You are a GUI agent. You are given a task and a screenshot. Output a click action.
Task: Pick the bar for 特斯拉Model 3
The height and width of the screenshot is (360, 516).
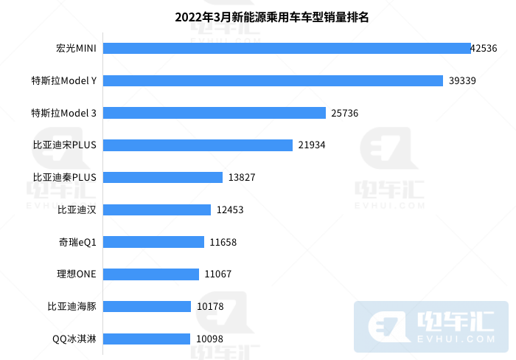(x=215, y=113)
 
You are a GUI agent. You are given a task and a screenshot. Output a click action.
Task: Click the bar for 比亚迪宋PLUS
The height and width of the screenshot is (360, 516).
(x=198, y=145)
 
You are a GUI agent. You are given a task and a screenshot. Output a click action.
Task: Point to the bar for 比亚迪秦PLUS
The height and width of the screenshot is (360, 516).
(x=163, y=177)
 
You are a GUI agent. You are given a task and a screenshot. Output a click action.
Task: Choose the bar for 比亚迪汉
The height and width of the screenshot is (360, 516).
(x=157, y=210)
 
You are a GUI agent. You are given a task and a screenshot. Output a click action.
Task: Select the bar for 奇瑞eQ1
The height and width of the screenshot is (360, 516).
(x=154, y=242)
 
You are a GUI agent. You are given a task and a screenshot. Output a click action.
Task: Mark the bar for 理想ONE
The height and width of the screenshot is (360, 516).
(x=151, y=274)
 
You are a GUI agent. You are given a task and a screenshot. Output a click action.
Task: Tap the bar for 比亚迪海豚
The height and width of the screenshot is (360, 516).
(x=147, y=307)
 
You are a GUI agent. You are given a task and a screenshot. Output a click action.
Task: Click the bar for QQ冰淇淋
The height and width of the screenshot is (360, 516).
(x=147, y=339)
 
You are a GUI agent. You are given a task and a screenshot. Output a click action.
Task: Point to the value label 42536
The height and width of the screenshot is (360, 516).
(x=484, y=48)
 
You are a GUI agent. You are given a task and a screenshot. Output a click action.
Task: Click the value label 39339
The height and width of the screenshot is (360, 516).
(x=462, y=80)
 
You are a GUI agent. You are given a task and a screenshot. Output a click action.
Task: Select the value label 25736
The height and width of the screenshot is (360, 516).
(x=345, y=113)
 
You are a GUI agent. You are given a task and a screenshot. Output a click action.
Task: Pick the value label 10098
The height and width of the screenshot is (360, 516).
(x=209, y=339)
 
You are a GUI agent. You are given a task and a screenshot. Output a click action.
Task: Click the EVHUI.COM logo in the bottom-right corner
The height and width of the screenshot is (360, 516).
(x=431, y=326)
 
